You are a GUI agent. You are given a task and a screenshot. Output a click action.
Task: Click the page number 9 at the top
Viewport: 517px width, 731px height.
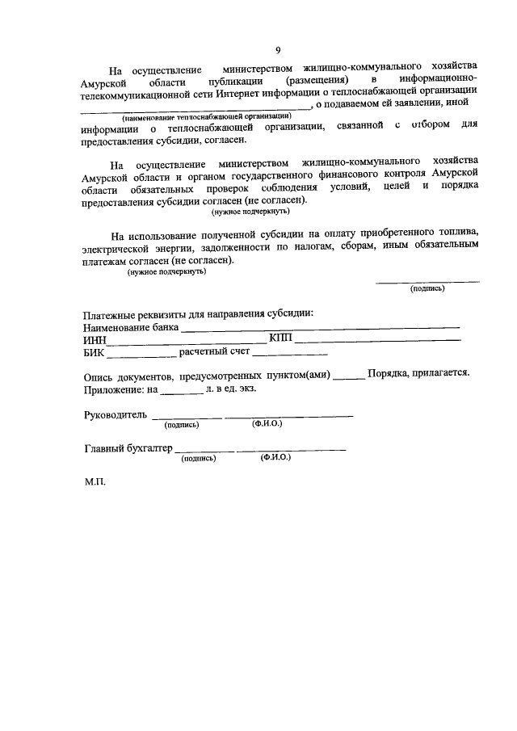(278, 49)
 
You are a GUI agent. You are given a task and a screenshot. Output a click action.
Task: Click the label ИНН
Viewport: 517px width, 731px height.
(95, 340)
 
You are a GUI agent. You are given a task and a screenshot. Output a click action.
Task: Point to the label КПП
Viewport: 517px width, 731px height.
(280, 338)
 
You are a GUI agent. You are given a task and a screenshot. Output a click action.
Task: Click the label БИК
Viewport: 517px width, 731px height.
(95, 353)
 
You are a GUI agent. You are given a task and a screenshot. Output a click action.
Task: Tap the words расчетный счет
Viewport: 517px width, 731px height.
(213, 352)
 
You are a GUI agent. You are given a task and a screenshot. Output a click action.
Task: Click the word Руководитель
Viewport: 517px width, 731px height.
(116, 415)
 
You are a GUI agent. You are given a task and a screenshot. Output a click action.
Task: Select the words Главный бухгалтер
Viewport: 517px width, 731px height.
(128, 448)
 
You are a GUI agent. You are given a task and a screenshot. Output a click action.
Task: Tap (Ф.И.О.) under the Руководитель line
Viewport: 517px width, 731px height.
(267, 424)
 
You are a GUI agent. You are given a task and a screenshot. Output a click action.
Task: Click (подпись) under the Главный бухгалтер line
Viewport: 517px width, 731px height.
(199, 457)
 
